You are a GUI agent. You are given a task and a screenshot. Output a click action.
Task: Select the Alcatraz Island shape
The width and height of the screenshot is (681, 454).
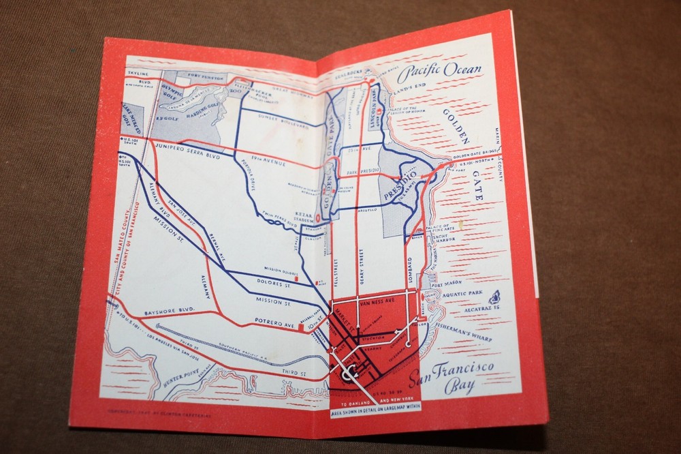(494, 297)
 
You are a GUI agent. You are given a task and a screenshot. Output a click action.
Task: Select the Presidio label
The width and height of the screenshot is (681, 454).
(400, 184)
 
